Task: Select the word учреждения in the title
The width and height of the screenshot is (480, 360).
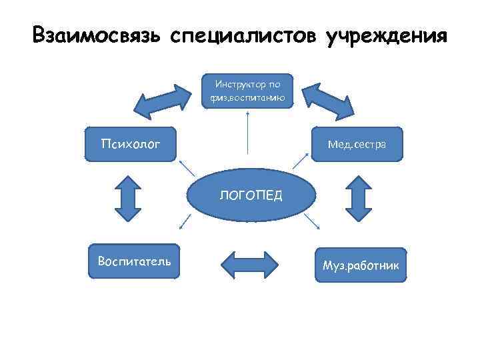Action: click(386, 35)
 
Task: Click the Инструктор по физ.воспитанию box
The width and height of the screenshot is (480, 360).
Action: click(248, 91)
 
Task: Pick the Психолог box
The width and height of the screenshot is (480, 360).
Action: click(131, 144)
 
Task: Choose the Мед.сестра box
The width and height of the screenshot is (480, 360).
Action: click(359, 144)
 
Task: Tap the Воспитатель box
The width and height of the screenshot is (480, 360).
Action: click(134, 261)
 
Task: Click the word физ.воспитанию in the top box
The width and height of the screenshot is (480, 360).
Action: click(247, 99)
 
